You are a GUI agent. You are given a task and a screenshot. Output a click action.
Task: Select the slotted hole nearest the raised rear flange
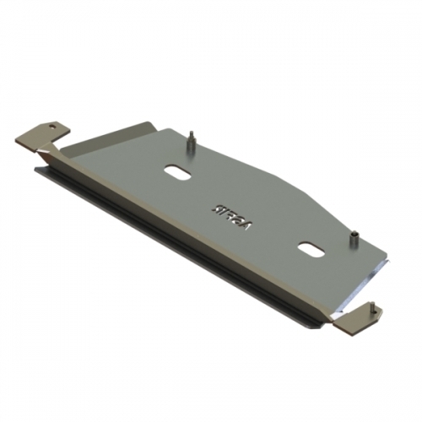pyautogui.click(x=179, y=170)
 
